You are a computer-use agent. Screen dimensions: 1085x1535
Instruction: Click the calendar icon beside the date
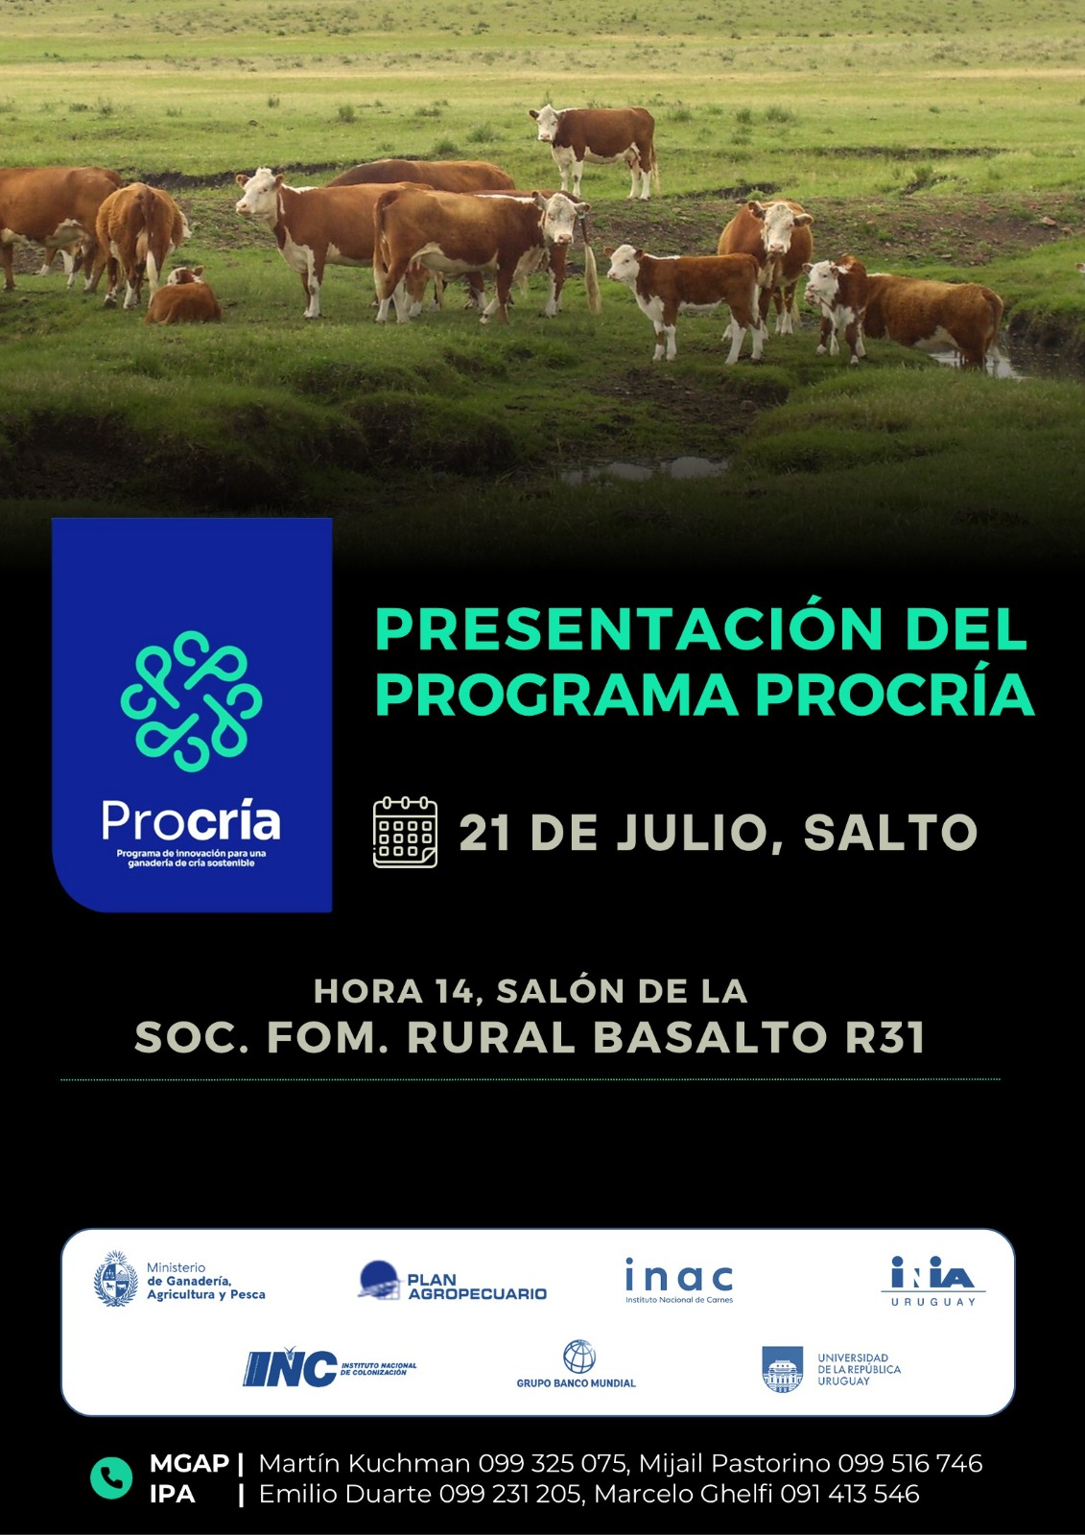click(x=405, y=832)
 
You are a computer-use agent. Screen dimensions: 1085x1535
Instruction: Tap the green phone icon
click(x=111, y=1478)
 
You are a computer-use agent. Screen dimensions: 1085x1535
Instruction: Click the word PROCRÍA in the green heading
click(x=894, y=696)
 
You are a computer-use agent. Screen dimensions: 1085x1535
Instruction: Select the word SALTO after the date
click(x=890, y=833)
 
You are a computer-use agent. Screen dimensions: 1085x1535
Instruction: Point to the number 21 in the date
click(x=484, y=833)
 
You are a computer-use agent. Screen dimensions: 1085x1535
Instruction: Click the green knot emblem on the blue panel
click(x=191, y=701)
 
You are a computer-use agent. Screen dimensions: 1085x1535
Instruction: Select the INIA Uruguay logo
click(x=932, y=1281)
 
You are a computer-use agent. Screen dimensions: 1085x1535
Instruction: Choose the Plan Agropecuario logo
click(x=453, y=1281)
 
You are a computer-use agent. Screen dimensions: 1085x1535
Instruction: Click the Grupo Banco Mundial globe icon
click(x=579, y=1357)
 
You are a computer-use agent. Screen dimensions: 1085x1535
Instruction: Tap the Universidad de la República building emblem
click(x=782, y=1369)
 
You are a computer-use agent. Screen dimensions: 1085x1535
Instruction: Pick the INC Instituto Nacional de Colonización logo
click(x=330, y=1368)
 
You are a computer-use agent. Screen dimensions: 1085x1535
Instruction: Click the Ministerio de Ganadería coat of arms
click(x=116, y=1279)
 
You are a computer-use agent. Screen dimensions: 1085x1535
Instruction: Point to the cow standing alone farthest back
click(x=594, y=149)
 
